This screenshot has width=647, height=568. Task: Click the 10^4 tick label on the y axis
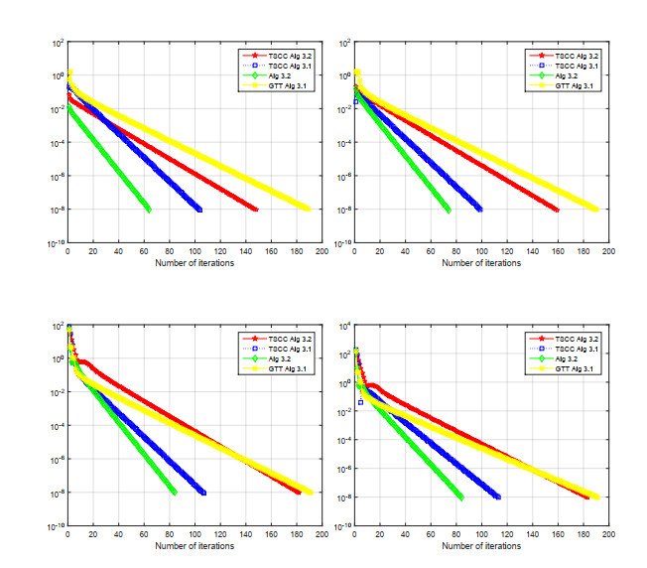[x=344, y=327]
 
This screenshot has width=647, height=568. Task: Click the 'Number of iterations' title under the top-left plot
[x=194, y=263]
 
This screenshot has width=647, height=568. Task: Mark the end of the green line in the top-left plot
[x=149, y=210]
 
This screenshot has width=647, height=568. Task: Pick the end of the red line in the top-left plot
[x=256, y=210]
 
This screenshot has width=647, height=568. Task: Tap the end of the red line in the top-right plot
[x=557, y=210]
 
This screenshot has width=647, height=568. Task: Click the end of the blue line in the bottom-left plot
[x=203, y=493]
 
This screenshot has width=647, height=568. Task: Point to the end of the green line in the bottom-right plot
[x=461, y=497]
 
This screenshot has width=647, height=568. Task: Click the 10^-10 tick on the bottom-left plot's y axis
[x=56, y=526]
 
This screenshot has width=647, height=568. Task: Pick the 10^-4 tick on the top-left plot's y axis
[x=57, y=143]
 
